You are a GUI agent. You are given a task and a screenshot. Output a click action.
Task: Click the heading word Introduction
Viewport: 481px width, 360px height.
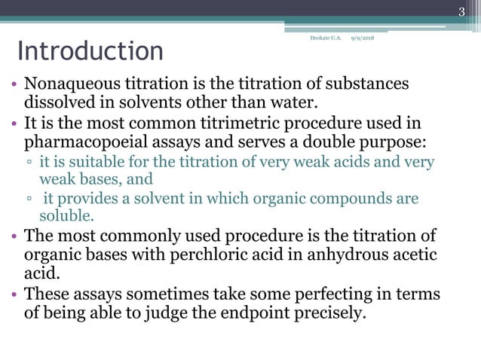pos(90,52)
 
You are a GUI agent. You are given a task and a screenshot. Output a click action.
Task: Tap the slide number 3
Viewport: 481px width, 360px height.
pos(461,11)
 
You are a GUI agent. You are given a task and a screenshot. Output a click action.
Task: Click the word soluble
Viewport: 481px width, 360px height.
pos(66,215)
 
